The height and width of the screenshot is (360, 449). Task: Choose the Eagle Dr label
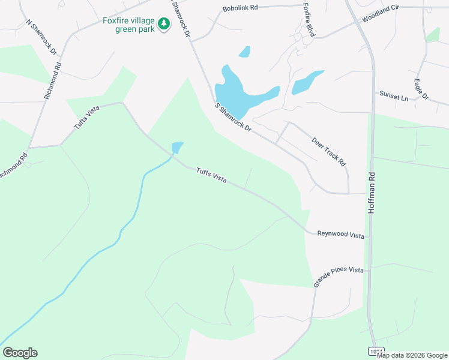[x=421, y=89]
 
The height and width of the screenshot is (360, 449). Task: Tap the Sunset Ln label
[x=393, y=95]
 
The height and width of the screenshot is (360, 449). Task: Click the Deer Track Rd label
[x=329, y=152]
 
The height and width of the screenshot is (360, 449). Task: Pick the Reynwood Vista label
[x=341, y=235]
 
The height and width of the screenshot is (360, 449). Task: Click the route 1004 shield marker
[x=375, y=351]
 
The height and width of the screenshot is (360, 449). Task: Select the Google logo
[x=20, y=353]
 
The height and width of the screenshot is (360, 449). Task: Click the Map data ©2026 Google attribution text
[x=412, y=355]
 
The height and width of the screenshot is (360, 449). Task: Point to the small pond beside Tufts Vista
[x=176, y=147]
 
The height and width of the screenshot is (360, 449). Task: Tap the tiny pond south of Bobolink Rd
[x=244, y=52]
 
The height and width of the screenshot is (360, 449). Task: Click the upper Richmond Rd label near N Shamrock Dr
[x=53, y=79]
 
